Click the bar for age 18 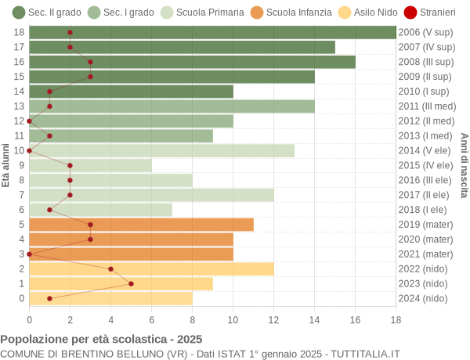coord(212,32)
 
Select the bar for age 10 coord(161,150)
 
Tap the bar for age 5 coord(141,225)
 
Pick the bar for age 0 coord(110,298)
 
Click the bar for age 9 coord(90,165)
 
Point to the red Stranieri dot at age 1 coord(131,283)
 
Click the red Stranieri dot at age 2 coord(110,268)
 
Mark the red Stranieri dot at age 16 coord(90,62)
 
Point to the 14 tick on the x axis coord(314,319)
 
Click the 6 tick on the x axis coord(151,319)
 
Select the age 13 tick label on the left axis coord(20,106)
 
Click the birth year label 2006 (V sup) coord(425,32)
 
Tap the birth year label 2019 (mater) coord(425,225)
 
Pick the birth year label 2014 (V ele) coord(425,150)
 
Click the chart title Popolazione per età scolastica coord(101,340)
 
